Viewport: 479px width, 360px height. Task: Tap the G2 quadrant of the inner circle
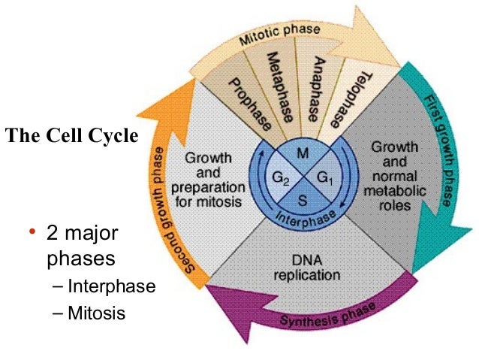tap(280, 178)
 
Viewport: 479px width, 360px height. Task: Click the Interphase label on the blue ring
tap(303, 219)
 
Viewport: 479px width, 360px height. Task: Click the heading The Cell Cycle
tap(72, 137)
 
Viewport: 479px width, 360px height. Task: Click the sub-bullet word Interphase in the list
tap(111, 286)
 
